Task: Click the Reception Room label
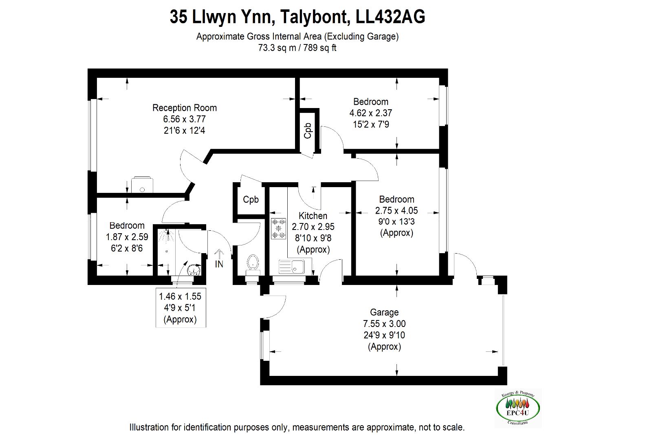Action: [184, 108]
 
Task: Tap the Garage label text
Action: [384, 313]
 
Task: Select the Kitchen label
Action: [313, 216]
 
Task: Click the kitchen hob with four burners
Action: [279, 229]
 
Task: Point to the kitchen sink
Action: [291, 267]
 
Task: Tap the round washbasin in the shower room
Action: [193, 269]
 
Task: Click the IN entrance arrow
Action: [219, 254]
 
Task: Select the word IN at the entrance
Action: [219, 264]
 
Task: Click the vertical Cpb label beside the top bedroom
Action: [308, 130]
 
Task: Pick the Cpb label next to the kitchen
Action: [251, 200]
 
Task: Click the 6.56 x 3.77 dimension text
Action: [184, 119]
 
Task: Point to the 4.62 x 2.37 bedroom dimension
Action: [370, 113]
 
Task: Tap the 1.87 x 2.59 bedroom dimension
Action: [127, 237]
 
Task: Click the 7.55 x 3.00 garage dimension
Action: [384, 324]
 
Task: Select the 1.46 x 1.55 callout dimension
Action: [180, 296]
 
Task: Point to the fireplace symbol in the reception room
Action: [142, 185]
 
